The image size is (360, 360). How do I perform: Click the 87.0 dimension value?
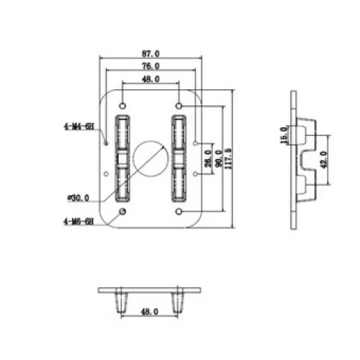150,53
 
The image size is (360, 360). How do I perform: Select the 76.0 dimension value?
150,66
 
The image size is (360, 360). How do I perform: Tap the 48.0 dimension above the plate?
150,79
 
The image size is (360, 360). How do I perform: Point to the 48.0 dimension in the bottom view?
150,312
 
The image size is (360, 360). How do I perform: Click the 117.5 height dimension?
228,158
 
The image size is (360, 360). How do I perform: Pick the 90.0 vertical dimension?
219,158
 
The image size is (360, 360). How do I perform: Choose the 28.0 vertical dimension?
208,158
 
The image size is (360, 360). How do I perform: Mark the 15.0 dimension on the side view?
284,135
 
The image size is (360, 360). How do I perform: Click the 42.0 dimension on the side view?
324,160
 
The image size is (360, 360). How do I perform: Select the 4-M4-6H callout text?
79,127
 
